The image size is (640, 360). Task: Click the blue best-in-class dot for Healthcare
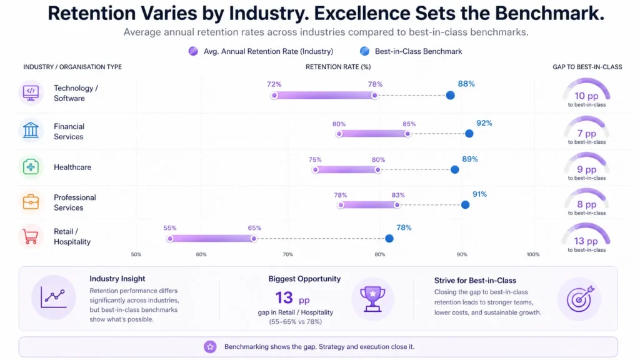click(x=455, y=169)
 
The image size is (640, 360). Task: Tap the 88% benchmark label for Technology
click(x=466, y=84)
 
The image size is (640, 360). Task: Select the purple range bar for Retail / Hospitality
click(x=211, y=238)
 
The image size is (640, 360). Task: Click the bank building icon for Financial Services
click(x=31, y=131)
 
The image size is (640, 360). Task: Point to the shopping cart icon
click(x=31, y=236)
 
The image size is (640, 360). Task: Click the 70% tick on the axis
click(x=287, y=254)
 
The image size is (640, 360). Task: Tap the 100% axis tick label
click(x=532, y=254)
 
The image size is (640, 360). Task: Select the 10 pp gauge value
click(x=586, y=96)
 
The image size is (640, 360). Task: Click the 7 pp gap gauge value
click(x=586, y=133)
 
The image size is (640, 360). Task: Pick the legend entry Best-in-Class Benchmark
click(x=411, y=51)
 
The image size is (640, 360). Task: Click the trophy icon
click(x=372, y=298)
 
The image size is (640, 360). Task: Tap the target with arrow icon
click(x=579, y=298)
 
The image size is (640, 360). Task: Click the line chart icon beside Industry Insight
click(x=54, y=298)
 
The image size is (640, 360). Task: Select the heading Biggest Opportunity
click(x=304, y=279)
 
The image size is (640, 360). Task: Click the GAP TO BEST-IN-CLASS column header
click(x=587, y=67)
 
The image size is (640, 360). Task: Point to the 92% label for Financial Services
click(x=484, y=123)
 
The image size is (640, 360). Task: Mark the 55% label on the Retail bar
click(x=170, y=228)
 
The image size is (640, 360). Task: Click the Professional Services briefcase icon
click(x=31, y=202)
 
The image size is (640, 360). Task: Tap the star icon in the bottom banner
click(x=211, y=346)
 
